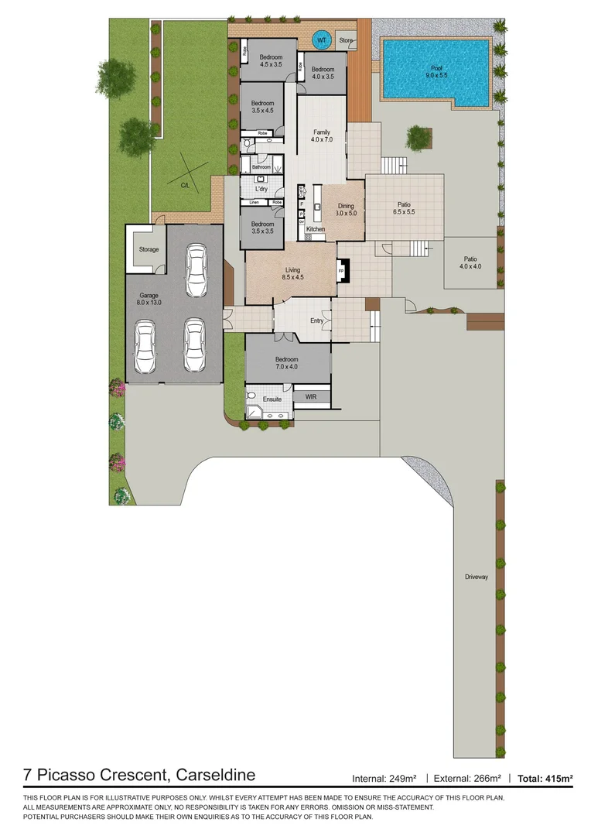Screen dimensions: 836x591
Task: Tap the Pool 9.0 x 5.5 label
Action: (439, 72)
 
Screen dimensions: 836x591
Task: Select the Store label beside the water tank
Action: (346, 40)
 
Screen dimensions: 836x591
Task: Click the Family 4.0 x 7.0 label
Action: (321, 135)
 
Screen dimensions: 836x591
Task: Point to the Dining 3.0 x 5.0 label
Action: (345, 210)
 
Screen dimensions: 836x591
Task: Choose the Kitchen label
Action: (315, 230)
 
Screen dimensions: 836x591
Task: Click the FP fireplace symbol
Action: (341, 271)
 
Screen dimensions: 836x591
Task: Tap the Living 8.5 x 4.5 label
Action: (292, 273)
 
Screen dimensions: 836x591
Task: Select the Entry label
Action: (317, 320)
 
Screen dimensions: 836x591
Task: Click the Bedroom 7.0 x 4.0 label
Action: (287, 363)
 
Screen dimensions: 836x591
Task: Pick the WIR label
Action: (311, 396)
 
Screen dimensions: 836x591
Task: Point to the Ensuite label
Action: (272, 399)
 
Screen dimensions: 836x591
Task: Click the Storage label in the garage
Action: (149, 249)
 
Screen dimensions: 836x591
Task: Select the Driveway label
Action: (477, 577)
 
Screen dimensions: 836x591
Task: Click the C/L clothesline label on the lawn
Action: (185, 186)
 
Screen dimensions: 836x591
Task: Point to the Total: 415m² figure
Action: (545, 778)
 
